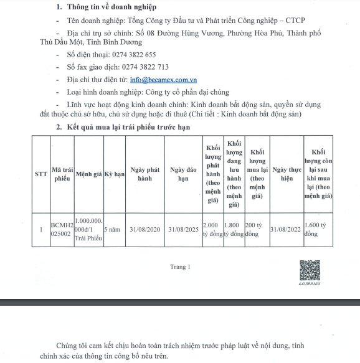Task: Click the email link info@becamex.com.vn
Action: (x=163, y=80)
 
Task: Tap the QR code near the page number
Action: (x=310, y=270)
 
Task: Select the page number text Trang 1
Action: (x=180, y=266)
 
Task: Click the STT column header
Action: (x=41, y=174)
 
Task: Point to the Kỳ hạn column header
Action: (x=115, y=174)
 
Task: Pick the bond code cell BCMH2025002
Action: (x=62, y=229)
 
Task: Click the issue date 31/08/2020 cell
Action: (x=145, y=229)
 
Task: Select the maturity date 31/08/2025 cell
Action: (x=183, y=229)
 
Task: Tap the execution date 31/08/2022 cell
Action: (x=285, y=229)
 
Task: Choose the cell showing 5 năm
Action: (x=112, y=229)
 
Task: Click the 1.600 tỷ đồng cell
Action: (x=315, y=229)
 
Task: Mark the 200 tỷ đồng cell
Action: (x=253, y=229)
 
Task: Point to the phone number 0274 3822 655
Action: (x=134, y=55)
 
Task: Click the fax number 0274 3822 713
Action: (x=145, y=67)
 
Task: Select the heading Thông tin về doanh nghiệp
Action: (x=111, y=7)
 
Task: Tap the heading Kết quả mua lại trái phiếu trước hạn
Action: (x=128, y=127)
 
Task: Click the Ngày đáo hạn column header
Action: (x=183, y=174)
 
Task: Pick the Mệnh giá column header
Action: (x=89, y=174)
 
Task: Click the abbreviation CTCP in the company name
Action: (x=295, y=21)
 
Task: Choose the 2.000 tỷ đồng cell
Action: (x=213, y=229)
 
